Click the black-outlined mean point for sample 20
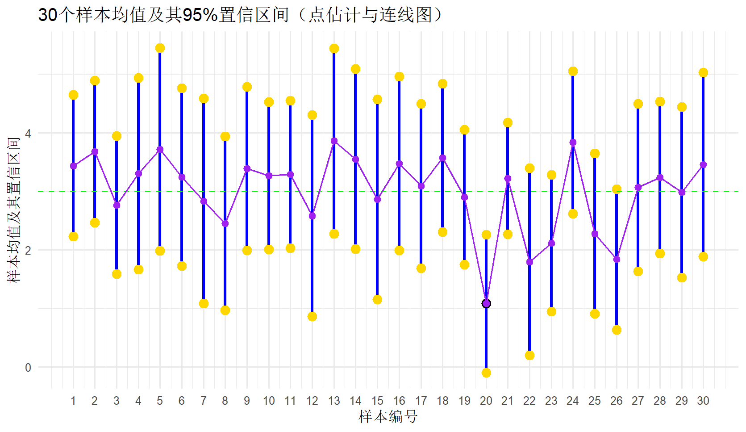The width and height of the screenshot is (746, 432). (486, 304)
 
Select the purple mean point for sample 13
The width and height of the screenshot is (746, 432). (334, 141)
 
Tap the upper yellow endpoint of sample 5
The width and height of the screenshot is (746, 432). (160, 48)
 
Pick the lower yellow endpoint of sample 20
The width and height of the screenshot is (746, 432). (486, 373)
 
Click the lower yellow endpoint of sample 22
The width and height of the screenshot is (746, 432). (529, 355)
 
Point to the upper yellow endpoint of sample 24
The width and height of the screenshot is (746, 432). (573, 71)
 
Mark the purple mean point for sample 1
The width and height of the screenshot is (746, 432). (73, 166)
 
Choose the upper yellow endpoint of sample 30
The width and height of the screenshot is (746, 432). (703, 73)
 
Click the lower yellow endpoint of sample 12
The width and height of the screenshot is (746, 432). (312, 316)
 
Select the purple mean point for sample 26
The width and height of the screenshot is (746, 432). (617, 259)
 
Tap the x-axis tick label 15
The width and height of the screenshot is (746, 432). (377, 401)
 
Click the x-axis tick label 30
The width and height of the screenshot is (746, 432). (703, 401)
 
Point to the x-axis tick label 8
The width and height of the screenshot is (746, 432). (225, 401)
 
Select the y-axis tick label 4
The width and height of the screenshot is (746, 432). (28, 134)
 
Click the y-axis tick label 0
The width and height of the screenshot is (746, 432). (28, 368)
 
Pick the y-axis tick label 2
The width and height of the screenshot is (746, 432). (28, 251)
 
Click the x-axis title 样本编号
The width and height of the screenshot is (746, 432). (388, 417)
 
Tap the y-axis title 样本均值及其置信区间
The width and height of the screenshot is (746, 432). (14, 210)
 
